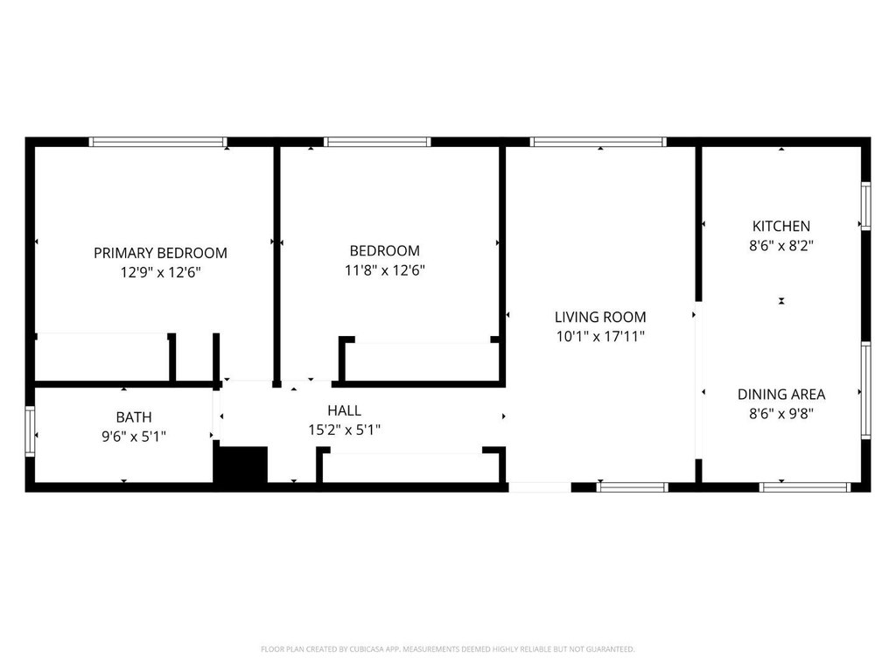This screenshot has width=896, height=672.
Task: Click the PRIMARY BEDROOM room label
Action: click(161, 253)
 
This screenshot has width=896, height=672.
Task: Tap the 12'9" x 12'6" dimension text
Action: click(161, 272)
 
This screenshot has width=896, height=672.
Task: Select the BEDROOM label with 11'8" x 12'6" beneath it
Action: click(385, 250)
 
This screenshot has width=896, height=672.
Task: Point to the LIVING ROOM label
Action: click(600, 317)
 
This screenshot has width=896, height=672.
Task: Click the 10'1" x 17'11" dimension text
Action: click(600, 336)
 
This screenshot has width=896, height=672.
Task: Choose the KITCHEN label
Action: click(781, 226)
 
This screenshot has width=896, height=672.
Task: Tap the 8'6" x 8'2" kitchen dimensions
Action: click(781, 245)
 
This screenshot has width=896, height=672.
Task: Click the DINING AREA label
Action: click(781, 394)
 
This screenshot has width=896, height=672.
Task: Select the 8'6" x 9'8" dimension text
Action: click(781, 413)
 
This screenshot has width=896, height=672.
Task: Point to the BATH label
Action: click(134, 416)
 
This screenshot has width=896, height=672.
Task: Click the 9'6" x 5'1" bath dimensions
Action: click(134, 436)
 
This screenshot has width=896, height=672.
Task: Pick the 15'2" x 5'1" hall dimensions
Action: click(345, 429)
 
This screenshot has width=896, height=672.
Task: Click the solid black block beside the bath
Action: click(241, 465)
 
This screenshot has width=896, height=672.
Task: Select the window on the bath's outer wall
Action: click(30, 430)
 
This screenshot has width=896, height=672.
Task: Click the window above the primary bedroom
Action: click(157, 142)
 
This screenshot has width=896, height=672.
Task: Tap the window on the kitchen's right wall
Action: click(865, 206)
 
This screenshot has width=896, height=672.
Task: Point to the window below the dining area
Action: click(805, 487)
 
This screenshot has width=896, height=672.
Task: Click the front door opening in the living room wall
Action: click(540, 487)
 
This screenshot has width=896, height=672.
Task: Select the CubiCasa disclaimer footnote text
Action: click(447, 649)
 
